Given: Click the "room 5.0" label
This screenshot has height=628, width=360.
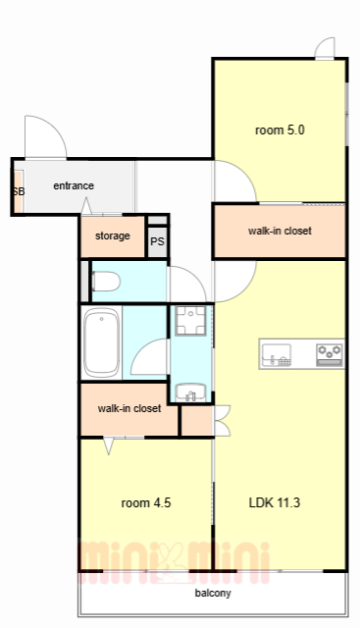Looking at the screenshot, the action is (280, 131).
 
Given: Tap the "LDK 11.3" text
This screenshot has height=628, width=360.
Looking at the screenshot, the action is (275, 502).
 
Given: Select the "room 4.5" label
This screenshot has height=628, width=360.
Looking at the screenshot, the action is (146, 502).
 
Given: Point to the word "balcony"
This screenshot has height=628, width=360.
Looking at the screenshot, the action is (213, 593).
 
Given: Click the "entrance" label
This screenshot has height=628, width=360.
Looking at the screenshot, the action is (74, 185).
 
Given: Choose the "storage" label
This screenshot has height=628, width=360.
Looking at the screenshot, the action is (113, 235).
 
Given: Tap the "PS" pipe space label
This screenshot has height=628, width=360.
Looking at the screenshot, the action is (157, 241).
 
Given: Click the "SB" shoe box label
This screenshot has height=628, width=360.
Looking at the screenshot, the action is (19, 191).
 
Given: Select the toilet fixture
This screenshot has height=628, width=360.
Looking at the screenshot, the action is (106, 282).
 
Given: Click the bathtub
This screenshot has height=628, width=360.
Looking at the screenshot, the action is (102, 342).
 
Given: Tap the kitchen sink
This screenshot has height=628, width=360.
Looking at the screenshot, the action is (277, 355).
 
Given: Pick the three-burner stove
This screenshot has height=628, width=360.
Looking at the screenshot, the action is (330, 355).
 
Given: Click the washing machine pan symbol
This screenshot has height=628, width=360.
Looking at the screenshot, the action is (191, 321).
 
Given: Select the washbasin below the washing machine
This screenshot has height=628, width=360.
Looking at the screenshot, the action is (191, 392).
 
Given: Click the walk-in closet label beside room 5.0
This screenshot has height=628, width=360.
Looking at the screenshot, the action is (280, 231).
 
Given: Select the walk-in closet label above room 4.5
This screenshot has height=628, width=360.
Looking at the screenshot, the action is (129, 408).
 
